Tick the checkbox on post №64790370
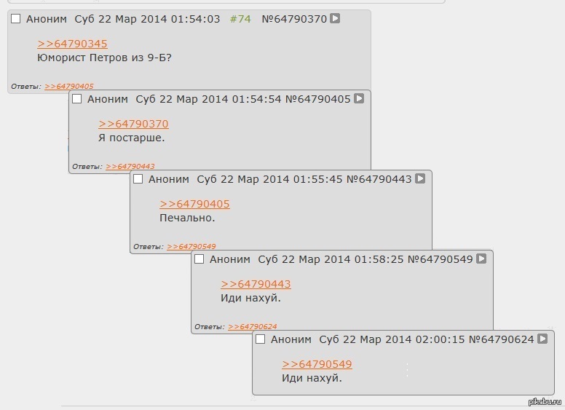[16, 19]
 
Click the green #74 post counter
[240, 19]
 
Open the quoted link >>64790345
[72, 44]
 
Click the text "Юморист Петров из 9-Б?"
[104, 57]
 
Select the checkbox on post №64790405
[77, 99]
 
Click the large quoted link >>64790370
[133, 125]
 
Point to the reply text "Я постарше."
[132, 137]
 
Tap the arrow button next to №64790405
[359, 98]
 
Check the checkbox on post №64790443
[138, 179]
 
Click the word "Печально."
[187, 217]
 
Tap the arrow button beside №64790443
[420, 178]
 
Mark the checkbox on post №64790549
[199, 259]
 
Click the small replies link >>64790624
[252, 327]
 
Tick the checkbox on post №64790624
[261, 339]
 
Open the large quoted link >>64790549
[317, 365]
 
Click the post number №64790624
[501, 339]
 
